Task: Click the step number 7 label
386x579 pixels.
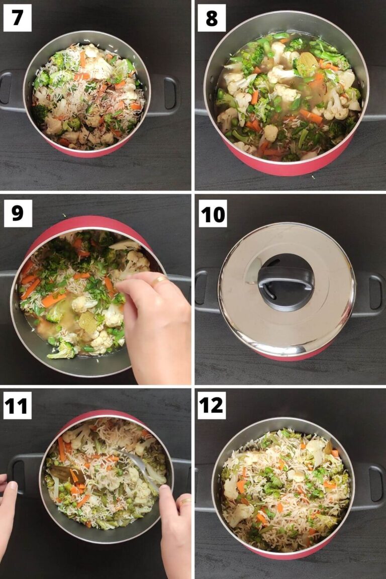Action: pos(17,18)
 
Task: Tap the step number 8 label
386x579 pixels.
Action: pos(211,18)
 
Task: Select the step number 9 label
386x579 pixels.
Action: pos(18,213)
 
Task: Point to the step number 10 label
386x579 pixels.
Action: pos(213,213)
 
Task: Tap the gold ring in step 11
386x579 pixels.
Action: pos(185,501)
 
